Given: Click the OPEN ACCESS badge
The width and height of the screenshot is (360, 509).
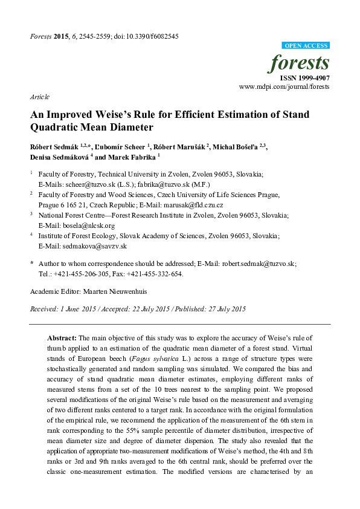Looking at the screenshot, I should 306,46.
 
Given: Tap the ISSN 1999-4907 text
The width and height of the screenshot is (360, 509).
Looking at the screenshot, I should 304,78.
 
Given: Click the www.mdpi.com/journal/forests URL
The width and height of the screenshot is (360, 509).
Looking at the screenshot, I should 284,87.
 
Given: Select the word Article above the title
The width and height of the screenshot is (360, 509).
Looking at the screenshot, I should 39,97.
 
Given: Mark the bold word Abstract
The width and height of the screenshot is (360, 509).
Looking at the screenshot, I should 61,337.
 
